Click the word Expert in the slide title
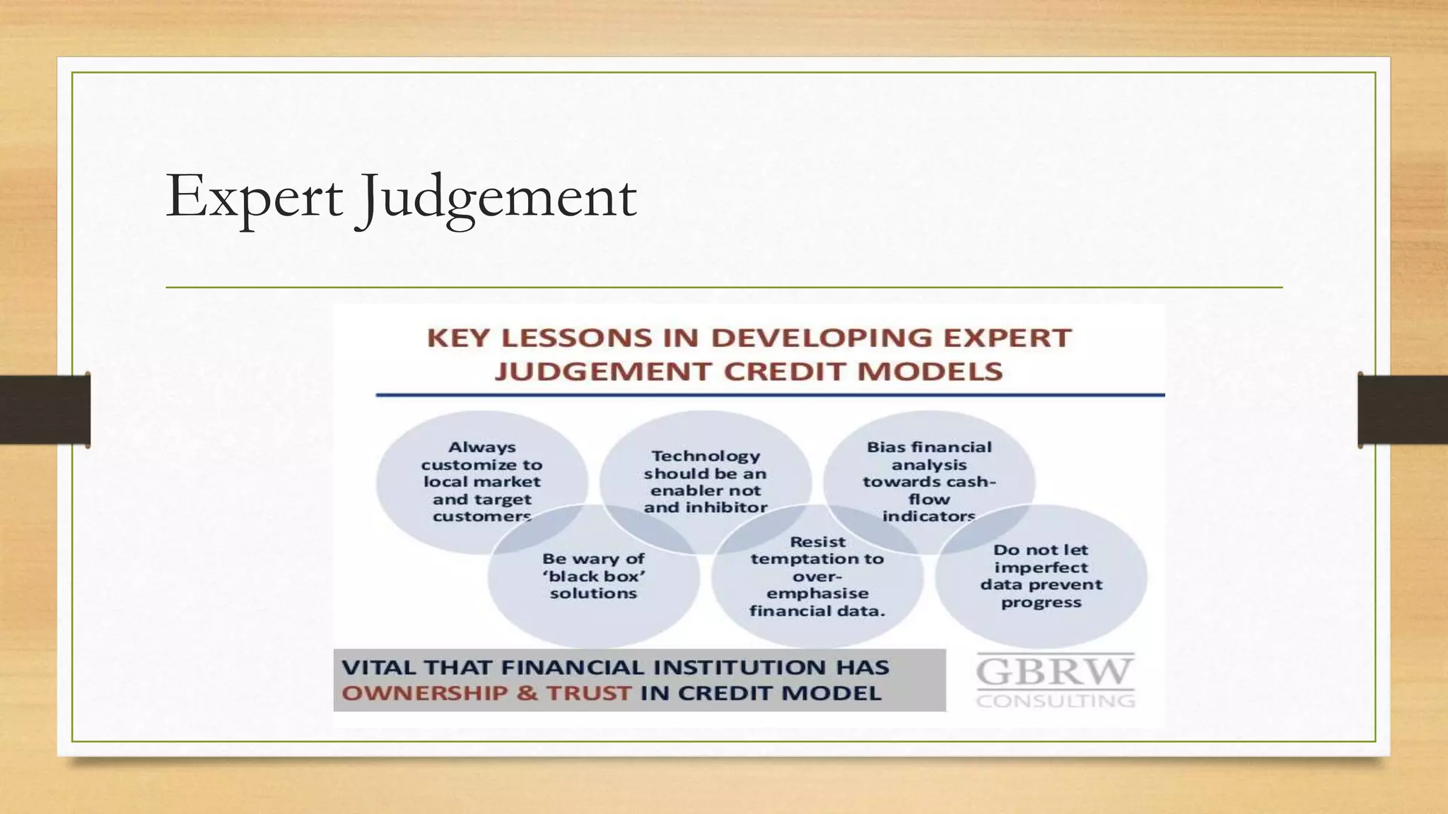coord(255,197)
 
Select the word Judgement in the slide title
coord(498,197)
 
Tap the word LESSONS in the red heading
coord(576,338)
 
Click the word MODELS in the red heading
coord(930,372)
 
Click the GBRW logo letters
coord(1055,671)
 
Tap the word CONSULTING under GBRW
coord(1056,701)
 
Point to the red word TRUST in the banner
coord(588,693)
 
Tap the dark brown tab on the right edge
coord(1403,410)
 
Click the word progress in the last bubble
coord(1041,603)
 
